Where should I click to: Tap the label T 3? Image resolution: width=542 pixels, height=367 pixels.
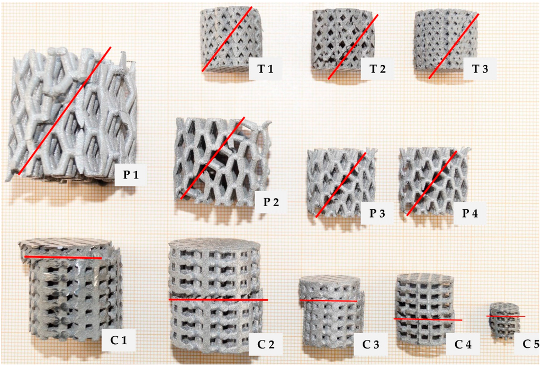click(x=475, y=69)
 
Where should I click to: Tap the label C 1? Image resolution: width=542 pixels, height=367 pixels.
click(x=118, y=338)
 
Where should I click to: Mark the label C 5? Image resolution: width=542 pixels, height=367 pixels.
click(x=530, y=344)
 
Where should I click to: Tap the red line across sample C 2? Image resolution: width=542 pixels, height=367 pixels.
click(x=218, y=300)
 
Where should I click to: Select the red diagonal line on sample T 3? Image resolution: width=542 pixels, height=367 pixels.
click(x=454, y=46)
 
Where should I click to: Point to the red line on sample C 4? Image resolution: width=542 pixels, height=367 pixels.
click(x=428, y=319)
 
